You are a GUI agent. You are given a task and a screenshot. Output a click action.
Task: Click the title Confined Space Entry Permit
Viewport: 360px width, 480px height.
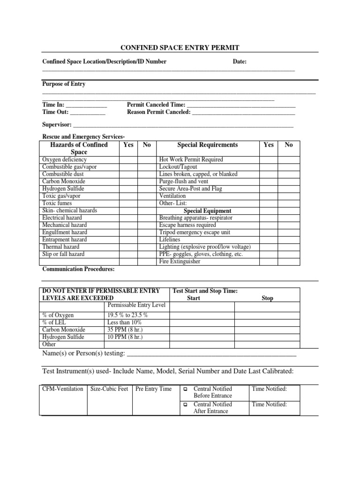coord(180,47)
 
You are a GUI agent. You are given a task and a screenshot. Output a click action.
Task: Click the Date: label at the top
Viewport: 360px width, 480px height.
coord(240,62)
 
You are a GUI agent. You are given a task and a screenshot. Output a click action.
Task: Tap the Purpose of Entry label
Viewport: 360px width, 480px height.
coord(64,84)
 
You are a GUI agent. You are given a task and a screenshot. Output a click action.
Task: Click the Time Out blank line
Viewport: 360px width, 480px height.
coord(88,112)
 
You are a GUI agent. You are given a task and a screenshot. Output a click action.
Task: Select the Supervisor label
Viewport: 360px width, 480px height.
coord(57,125)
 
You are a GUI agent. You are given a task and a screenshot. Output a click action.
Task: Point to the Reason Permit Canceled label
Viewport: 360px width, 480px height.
coord(159,112)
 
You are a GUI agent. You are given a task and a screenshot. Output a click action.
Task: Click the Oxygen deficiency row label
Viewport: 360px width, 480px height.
coord(65,160)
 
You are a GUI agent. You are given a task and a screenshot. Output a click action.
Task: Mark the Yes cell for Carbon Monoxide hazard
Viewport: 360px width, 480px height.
coord(128,181)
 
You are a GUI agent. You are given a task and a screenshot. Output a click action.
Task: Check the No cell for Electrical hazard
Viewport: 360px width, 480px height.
coord(147,218)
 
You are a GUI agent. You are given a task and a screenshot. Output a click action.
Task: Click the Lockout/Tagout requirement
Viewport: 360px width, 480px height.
coord(178,167)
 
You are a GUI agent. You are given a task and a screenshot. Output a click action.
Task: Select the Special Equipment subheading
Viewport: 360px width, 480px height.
coord(208,211)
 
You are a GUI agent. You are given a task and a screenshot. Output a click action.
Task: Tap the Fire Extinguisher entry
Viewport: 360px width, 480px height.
coord(180,262)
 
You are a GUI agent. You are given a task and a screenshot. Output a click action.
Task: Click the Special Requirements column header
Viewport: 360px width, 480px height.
coord(208,145)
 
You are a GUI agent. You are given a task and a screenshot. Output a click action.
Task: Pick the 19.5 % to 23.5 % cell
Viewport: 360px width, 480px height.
coord(127,315)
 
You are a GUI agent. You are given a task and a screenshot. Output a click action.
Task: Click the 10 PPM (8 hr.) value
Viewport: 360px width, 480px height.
coord(125,337)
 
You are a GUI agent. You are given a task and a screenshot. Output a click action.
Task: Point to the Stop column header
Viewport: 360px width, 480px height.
coord(267,298)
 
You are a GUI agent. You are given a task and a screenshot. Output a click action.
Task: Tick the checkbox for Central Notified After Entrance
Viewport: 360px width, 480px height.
coord(186,405)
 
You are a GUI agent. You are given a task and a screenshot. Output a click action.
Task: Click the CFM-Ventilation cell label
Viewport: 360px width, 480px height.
coord(63,389)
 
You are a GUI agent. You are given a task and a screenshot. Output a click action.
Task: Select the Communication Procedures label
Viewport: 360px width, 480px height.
coord(78,270)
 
